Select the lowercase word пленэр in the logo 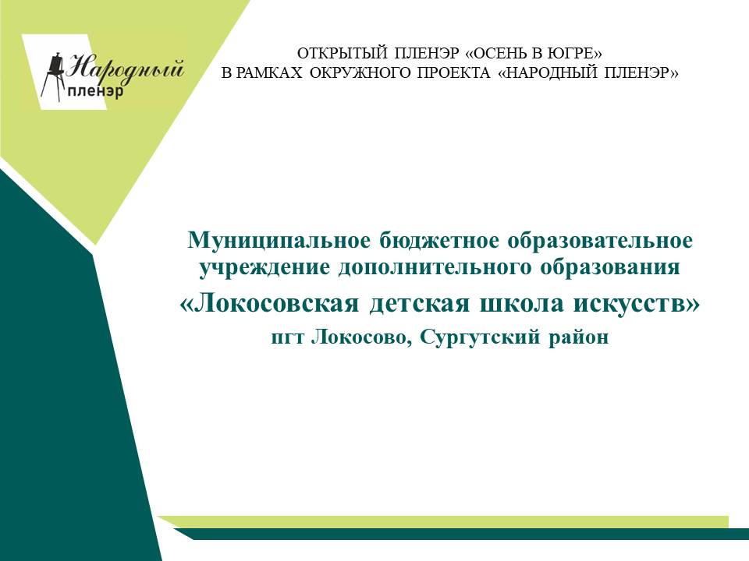[x=95, y=90]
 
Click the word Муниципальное [x=279, y=241]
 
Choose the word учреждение [x=264, y=266]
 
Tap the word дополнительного [x=435, y=266]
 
